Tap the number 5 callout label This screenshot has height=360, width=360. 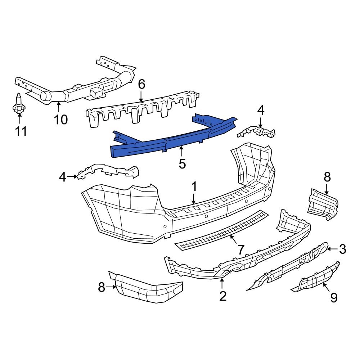(182, 164)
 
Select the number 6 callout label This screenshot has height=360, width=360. (141, 85)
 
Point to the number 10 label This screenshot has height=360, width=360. (61, 119)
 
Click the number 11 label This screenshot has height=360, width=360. (21, 131)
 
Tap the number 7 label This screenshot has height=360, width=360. (240, 249)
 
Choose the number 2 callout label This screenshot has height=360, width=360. (223, 296)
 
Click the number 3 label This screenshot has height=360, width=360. (342, 248)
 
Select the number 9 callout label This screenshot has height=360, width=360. (334, 298)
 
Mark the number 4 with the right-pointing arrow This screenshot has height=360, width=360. (63, 177)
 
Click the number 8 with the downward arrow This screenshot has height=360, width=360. (327, 177)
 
